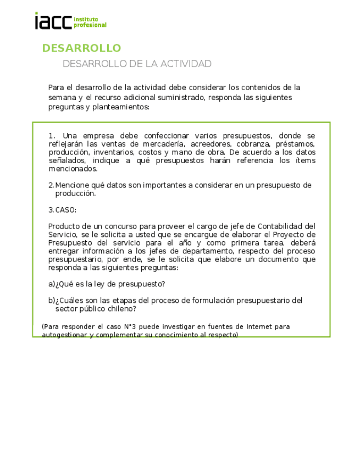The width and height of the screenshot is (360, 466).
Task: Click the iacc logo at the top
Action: coord(70,21)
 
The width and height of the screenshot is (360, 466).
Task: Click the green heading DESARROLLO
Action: coord(81,48)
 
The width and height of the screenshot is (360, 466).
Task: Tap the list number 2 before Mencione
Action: coord(51,185)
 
